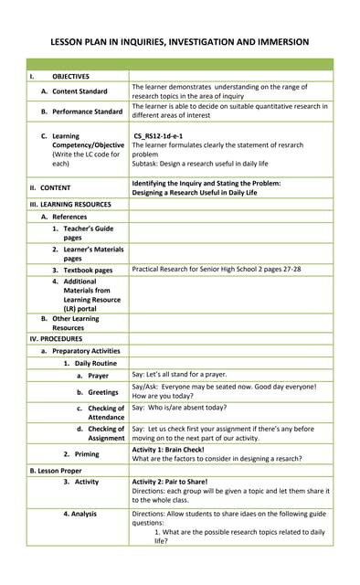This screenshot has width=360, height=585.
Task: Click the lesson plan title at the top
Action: click(179, 42)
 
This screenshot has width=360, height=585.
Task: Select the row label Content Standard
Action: click(79, 91)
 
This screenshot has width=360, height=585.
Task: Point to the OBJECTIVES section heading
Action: click(70, 76)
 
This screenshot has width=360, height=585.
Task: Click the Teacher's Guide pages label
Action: click(88, 232)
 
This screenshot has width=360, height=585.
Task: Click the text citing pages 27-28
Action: click(216, 270)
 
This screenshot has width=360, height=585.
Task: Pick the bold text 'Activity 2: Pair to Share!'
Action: click(182, 481)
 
